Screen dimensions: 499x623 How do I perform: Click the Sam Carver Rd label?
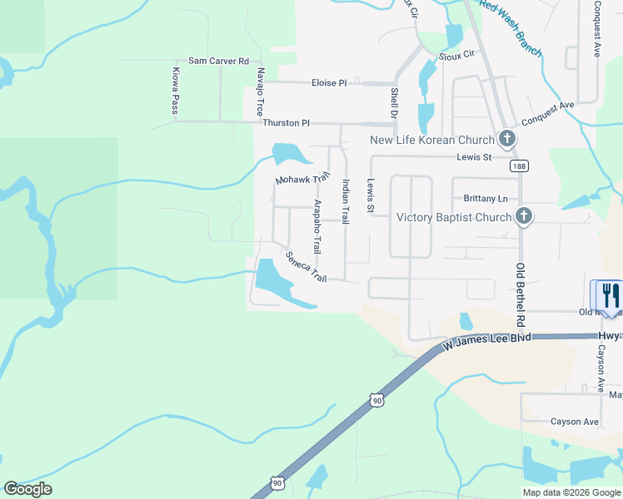[x=218, y=61]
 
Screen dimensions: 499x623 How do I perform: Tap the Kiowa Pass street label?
[x=176, y=91]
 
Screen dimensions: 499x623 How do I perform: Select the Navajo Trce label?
[x=261, y=91]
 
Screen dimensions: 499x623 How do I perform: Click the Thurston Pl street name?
[x=286, y=122]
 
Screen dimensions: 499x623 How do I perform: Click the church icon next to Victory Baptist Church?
[x=523, y=217]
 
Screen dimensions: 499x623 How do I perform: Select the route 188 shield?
[x=520, y=166]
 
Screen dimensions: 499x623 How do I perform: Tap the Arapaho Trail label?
[x=316, y=227]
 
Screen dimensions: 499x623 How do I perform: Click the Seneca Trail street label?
[x=306, y=267]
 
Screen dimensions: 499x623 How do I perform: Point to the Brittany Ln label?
[x=485, y=199]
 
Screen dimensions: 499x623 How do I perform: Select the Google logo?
[x=27, y=488]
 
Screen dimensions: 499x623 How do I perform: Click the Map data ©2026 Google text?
[x=571, y=492]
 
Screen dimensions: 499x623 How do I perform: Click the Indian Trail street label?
[x=346, y=203]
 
